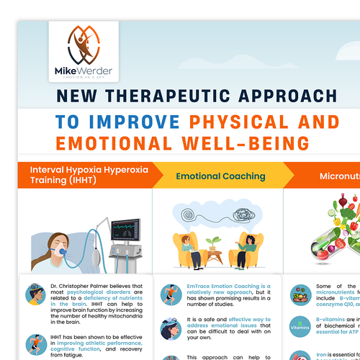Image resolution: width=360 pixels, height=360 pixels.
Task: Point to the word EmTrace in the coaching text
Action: point(193,287)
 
